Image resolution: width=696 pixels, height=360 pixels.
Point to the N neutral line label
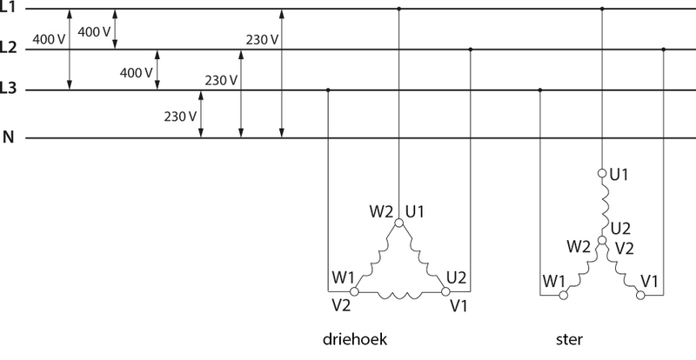(x=9, y=137)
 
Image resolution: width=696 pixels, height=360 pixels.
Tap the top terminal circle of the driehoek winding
(x=398, y=223)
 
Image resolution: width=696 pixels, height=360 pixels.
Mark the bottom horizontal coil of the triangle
(x=398, y=296)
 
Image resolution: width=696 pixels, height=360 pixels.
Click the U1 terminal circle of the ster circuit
(x=601, y=173)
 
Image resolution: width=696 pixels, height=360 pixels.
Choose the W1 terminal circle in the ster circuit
(x=563, y=296)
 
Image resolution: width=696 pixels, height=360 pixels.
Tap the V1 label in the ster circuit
(x=649, y=282)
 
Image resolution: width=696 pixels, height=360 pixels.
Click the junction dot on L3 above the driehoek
(x=327, y=90)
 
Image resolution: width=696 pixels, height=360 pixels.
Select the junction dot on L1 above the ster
(x=601, y=9)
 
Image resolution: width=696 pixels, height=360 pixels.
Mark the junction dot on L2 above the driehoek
(x=470, y=50)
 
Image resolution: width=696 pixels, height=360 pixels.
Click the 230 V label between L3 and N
(x=178, y=116)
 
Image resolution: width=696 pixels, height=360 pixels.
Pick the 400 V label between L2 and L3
(x=136, y=71)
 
